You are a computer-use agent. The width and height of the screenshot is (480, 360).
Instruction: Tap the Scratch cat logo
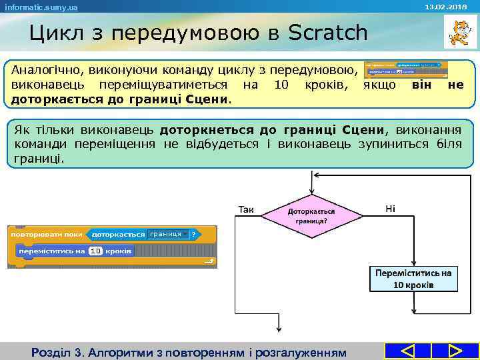coord(457,32)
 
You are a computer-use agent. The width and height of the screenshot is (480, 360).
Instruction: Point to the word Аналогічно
coord(45,70)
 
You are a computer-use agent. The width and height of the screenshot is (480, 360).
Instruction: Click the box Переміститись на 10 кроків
coord(413,279)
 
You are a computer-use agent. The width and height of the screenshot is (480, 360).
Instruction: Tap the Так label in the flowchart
coord(246,209)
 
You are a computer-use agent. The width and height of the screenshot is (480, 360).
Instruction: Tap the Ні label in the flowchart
coord(391,209)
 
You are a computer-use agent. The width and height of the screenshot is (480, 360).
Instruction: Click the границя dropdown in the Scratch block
coord(167,235)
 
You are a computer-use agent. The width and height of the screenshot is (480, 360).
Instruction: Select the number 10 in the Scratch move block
coord(95,251)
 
